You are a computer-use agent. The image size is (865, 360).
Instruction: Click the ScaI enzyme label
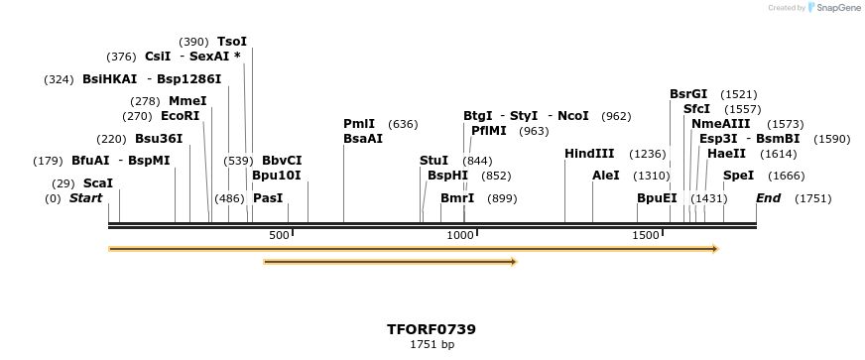(97, 183)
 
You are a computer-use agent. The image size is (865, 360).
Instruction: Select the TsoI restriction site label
(231, 42)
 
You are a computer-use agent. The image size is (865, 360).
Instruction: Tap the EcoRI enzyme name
(180, 115)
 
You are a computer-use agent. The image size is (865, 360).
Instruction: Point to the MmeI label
(187, 100)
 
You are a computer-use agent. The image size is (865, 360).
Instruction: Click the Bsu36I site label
(159, 139)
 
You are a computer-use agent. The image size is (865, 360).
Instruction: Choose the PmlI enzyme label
(359, 124)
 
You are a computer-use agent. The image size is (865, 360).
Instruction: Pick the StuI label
(433, 160)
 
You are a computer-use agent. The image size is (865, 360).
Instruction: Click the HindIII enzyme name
(589, 154)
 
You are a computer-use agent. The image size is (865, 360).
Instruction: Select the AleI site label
(605, 176)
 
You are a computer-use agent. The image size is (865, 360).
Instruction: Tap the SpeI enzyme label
(738, 176)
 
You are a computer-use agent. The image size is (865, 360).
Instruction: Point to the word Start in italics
(85, 198)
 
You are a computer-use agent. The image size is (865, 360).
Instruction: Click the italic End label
(768, 198)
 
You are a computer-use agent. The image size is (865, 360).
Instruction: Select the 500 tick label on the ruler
(279, 235)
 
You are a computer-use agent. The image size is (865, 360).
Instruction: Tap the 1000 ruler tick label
(460, 235)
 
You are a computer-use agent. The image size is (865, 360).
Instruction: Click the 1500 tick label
(646, 235)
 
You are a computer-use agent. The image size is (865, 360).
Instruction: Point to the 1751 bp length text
(432, 345)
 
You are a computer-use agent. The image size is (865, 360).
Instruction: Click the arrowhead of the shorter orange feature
(513, 262)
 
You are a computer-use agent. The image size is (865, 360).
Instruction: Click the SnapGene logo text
(836, 8)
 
